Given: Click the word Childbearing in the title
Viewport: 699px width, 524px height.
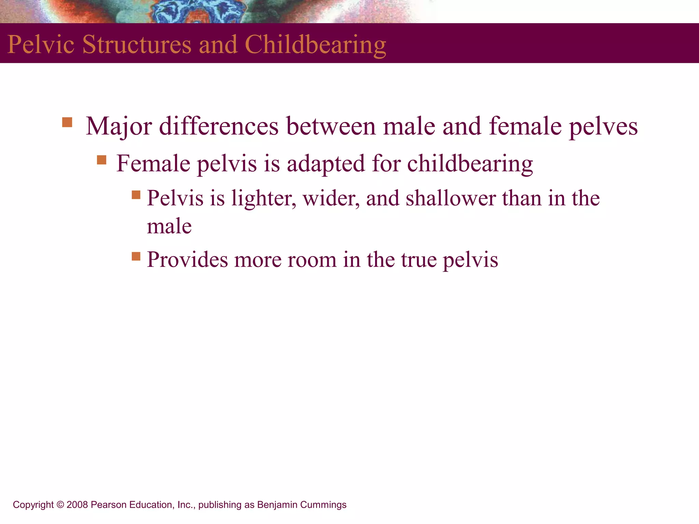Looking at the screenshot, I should tap(315, 45).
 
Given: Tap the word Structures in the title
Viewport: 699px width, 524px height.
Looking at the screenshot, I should tap(137, 45).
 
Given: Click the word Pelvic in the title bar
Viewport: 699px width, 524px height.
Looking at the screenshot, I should tap(41, 45).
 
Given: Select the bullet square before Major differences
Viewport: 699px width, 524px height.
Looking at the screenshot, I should tap(67, 122).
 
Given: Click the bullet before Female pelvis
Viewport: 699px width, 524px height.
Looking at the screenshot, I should tap(101, 160).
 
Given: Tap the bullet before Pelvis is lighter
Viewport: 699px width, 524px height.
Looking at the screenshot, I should tap(136, 194).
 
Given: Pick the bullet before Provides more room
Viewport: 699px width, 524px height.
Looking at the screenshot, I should tap(136, 256).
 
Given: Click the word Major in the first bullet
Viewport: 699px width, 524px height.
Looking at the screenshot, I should tap(118, 127).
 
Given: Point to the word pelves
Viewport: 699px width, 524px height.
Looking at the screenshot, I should tap(603, 127).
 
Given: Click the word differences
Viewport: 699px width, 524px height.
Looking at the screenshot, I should tap(219, 127).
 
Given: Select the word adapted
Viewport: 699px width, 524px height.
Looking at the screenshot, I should tap(326, 163).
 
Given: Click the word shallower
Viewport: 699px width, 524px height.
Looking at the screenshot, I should tap(451, 198).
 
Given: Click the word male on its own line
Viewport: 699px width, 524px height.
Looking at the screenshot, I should tap(169, 226).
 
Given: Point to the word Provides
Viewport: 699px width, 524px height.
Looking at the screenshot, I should tap(187, 260).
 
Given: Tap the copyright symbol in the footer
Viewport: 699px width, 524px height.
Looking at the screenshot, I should tap(60, 505).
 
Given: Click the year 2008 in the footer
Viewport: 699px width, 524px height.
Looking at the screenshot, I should tap(77, 505).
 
